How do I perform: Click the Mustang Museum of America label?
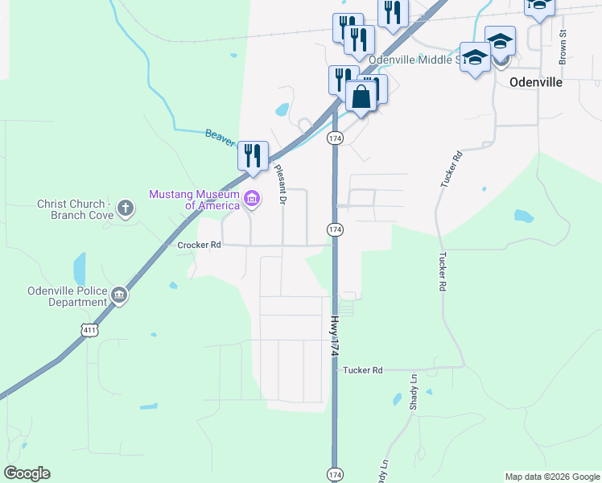click(x=193, y=199)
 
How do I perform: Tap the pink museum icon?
click(x=251, y=199)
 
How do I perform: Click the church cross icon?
click(x=125, y=209)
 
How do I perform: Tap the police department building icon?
click(x=119, y=295)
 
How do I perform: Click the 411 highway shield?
click(x=89, y=328)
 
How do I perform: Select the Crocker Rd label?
click(x=199, y=244)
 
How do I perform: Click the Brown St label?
click(x=563, y=47)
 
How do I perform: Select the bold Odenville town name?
click(x=536, y=82)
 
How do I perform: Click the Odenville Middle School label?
click(x=412, y=60)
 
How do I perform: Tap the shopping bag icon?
click(x=361, y=96)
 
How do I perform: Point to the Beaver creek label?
click(x=219, y=138)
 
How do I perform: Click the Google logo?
click(x=27, y=473)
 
